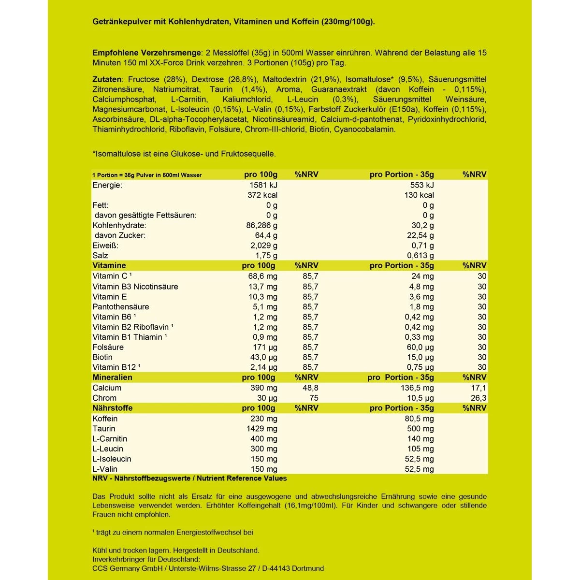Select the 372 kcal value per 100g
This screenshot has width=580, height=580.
pos(262,195)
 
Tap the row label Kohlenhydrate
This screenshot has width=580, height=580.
pos(119,226)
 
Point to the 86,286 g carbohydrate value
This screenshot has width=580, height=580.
pos(262,226)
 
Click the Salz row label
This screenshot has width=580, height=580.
pos(101,256)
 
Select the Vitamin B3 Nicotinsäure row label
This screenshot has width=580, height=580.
pos(135,287)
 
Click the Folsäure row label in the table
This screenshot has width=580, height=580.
pos(108,348)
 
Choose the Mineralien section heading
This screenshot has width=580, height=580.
pos(112,377)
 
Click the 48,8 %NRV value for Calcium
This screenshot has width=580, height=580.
pos(310,388)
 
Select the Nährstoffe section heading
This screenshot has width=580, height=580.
pos(112,408)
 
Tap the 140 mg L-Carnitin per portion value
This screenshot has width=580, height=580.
pos(420,439)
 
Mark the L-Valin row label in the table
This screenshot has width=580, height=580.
pos(105,469)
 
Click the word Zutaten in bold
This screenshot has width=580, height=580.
pos(107,79)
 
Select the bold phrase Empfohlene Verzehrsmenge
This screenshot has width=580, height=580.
pos(146,53)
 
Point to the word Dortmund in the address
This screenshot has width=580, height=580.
pos(307,568)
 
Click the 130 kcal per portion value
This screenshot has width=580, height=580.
pos(419,195)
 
